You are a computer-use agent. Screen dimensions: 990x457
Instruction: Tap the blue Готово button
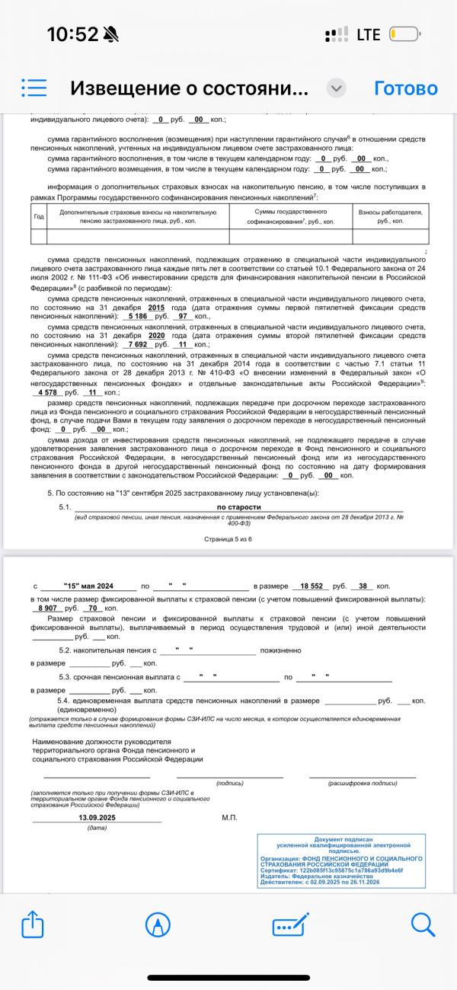click(405, 88)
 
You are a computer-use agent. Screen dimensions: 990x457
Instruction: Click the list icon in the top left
click(34, 88)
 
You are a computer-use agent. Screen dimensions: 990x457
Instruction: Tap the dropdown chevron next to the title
click(336, 88)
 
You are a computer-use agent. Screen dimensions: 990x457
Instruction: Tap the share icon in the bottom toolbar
click(31, 925)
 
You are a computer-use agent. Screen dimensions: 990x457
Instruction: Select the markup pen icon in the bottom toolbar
click(158, 925)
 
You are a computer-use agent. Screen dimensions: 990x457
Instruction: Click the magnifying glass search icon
click(423, 925)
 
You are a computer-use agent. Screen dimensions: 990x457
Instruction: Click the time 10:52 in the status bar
click(73, 34)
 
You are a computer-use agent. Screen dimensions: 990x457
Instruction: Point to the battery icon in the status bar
click(404, 34)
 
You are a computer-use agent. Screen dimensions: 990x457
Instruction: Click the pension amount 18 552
click(312, 586)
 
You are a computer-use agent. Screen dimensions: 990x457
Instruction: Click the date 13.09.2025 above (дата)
click(97, 817)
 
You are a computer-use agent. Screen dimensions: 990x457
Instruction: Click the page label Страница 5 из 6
click(228, 538)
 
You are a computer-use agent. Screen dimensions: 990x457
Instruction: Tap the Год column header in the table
click(39, 216)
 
